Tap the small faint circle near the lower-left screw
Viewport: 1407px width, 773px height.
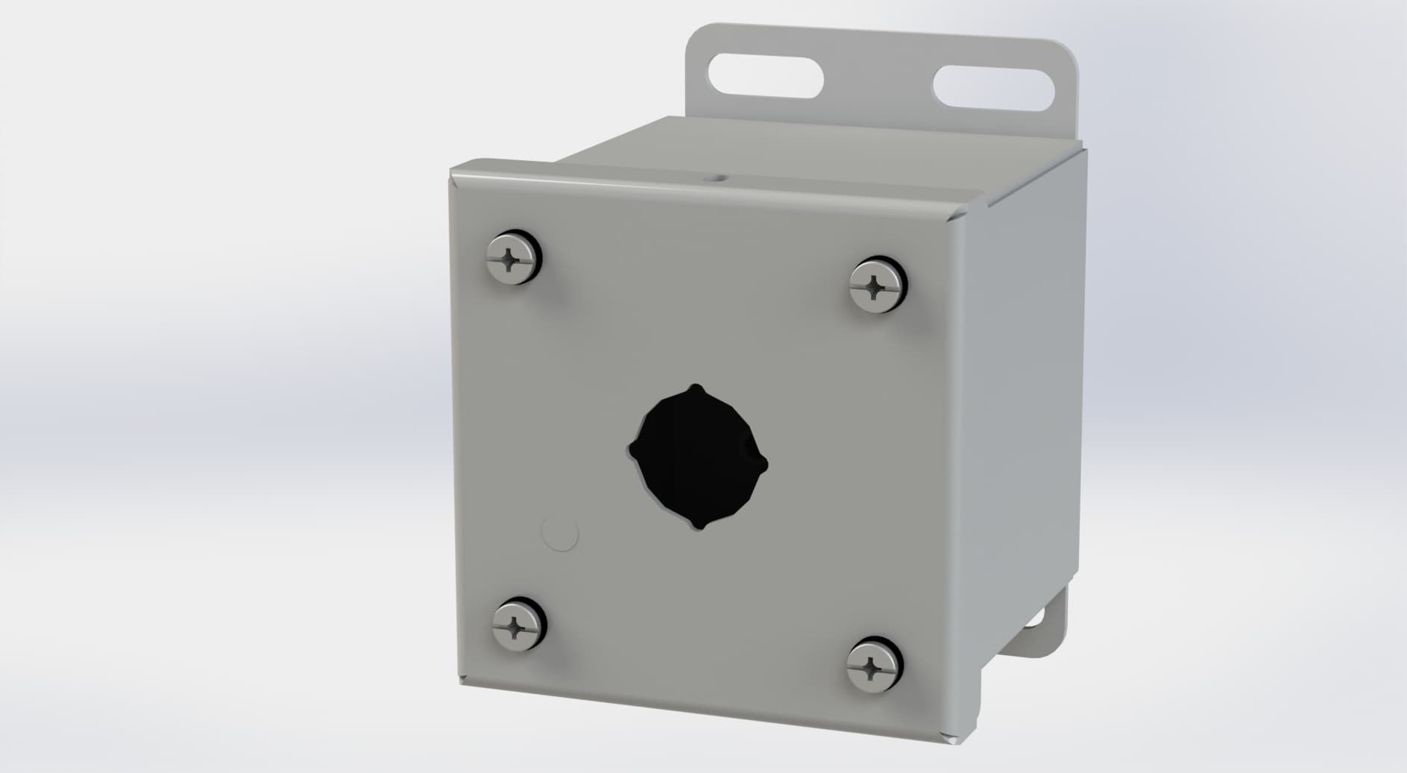tap(560, 535)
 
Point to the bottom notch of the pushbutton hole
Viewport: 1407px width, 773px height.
tap(699, 526)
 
